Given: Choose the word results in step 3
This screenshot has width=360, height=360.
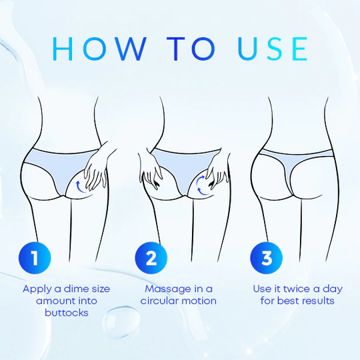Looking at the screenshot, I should [x=318, y=301].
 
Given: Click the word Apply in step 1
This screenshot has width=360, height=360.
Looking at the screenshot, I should [x=36, y=289].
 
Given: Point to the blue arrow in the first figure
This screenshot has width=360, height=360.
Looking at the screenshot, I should [x=79, y=185].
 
